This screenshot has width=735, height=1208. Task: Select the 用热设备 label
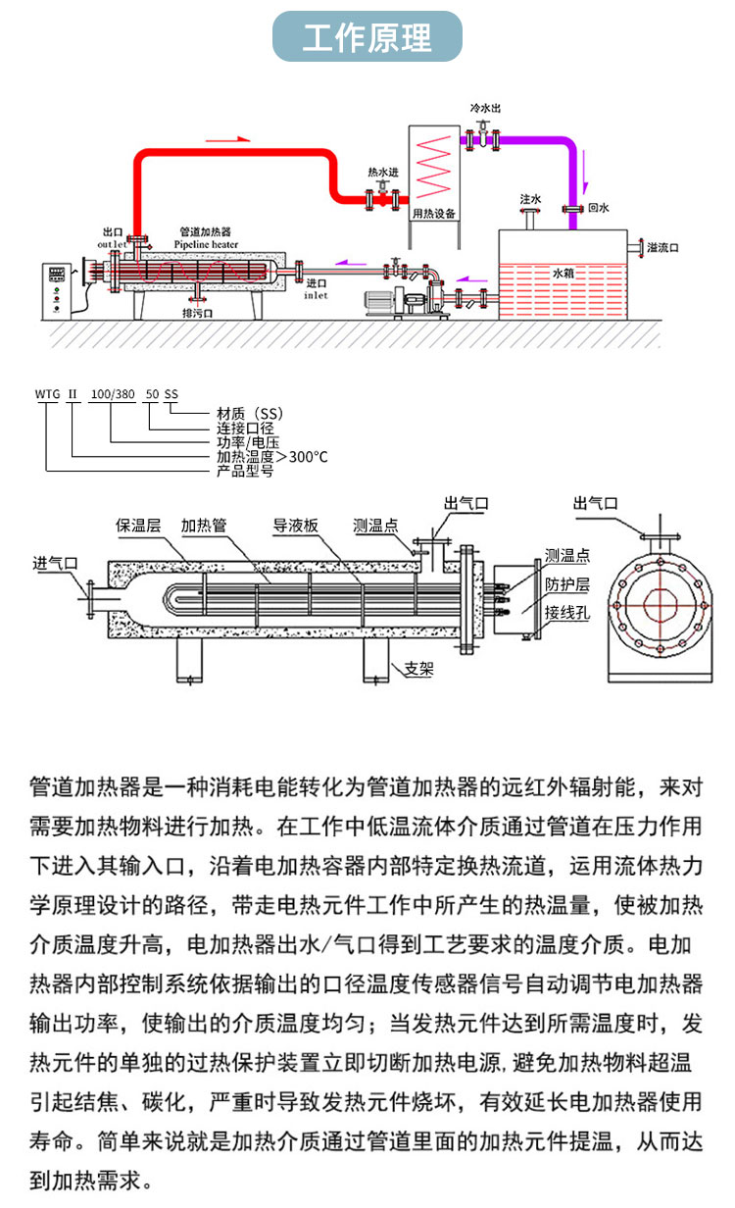tap(433, 212)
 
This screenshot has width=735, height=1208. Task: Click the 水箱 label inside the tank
tap(563, 274)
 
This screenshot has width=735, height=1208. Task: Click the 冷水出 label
tap(486, 107)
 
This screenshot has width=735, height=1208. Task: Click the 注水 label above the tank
tap(530, 199)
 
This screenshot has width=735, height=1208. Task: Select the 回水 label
tap(598, 209)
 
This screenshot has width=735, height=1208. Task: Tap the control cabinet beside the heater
tap(56, 289)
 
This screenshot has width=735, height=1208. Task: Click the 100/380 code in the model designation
tap(112, 394)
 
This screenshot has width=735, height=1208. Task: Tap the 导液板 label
tap(296, 526)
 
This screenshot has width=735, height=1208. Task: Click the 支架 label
tap(419, 670)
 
